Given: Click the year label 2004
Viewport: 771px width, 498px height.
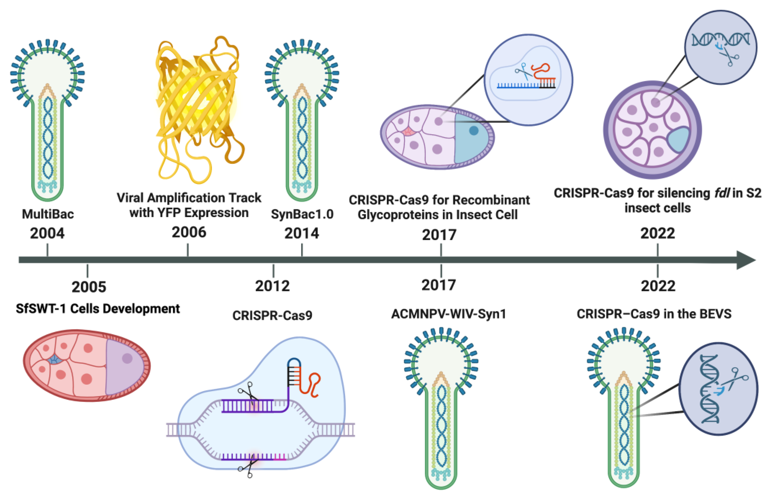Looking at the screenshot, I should (47, 233).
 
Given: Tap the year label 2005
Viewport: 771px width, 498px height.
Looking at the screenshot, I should (89, 287).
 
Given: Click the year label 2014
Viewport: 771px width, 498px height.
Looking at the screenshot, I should (301, 233).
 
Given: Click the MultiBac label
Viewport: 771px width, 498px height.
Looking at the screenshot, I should (48, 214).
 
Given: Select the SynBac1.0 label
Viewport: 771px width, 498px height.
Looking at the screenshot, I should (302, 214).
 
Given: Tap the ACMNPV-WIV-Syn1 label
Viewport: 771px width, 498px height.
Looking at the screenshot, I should (449, 314).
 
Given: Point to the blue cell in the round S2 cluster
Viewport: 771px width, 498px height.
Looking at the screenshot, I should (678, 140).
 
